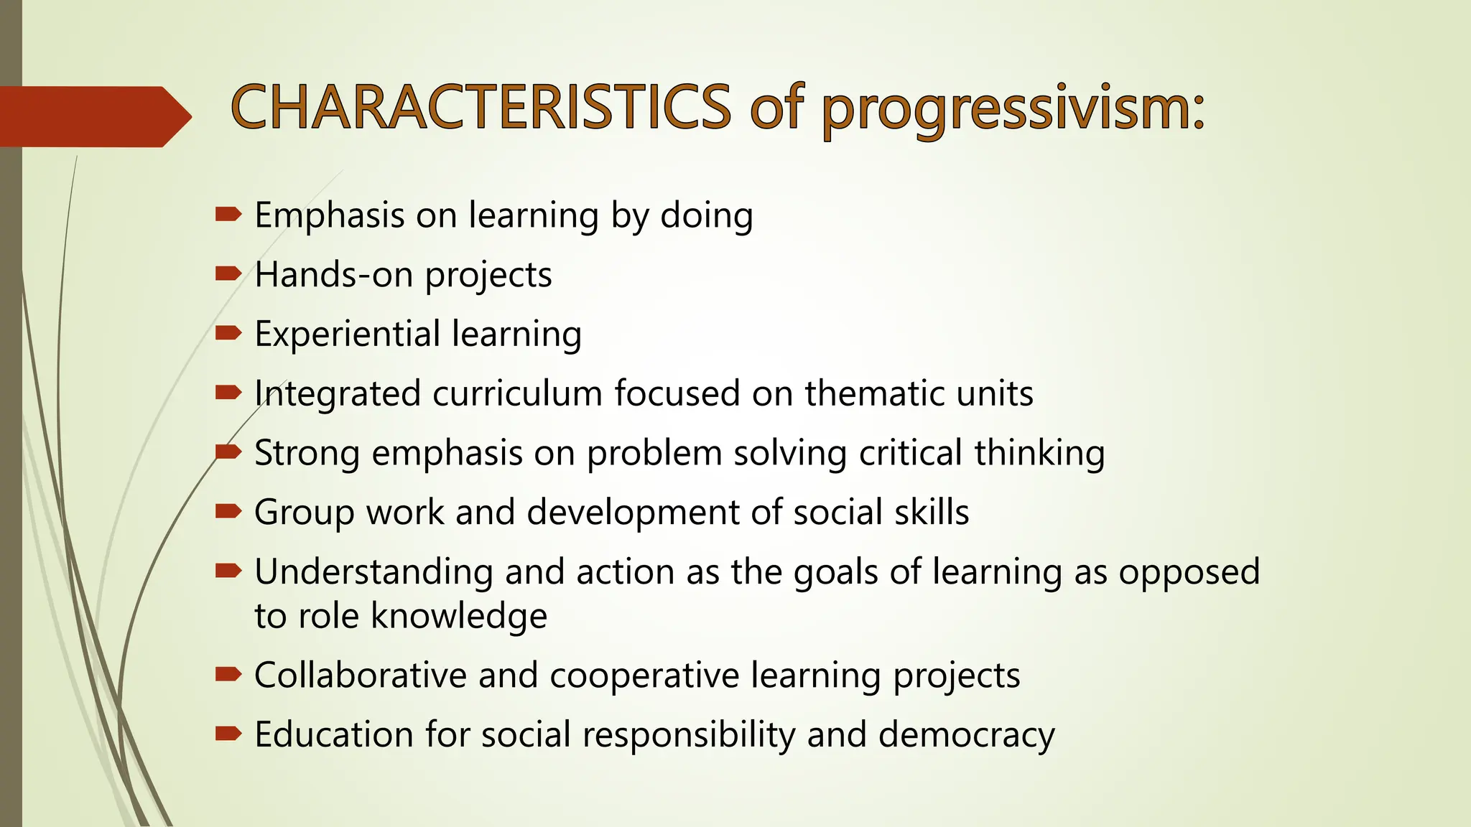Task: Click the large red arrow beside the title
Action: [x=93, y=116]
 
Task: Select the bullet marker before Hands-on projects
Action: [x=228, y=274]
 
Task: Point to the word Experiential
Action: [x=348, y=335]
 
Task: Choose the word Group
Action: [x=304, y=513]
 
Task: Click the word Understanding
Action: [x=373, y=572]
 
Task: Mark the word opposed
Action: [x=1189, y=572]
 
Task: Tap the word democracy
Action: [x=966, y=735]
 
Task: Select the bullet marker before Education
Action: [x=228, y=734]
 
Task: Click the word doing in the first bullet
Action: [x=706, y=215]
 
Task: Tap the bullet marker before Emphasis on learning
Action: [x=228, y=214]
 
